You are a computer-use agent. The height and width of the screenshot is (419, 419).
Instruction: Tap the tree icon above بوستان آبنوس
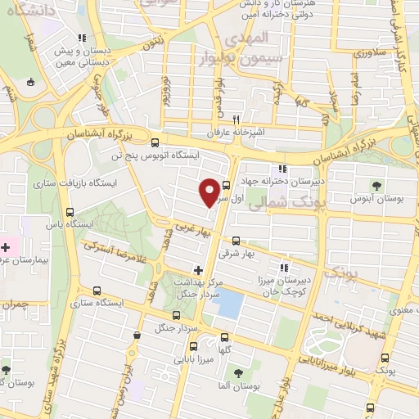(376, 185)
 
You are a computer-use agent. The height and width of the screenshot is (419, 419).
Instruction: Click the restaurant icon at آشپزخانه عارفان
(236, 118)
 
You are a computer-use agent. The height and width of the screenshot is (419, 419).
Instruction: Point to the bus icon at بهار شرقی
(237, 241)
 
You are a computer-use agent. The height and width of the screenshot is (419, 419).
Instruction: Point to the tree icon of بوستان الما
(238, 373)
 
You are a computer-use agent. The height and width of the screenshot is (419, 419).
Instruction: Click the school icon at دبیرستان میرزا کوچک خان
(284, 267)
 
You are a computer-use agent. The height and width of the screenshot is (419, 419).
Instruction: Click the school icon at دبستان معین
(81, 38)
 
